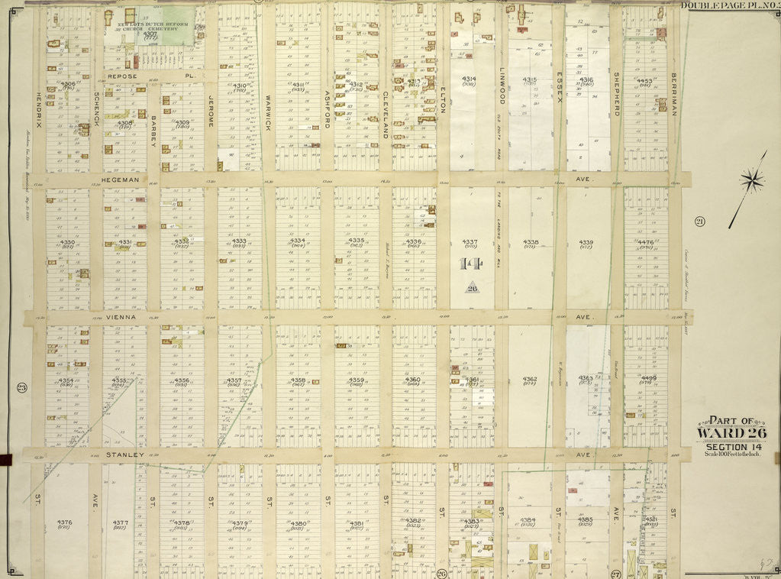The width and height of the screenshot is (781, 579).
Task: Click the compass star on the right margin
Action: click(752, 180)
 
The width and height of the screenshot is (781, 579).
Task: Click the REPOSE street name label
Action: click(122, 76)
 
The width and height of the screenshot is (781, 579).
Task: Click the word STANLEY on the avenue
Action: click(124, 454)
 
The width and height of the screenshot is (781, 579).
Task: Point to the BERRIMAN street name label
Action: click(674, 93)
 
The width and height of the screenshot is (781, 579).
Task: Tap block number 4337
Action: click(469, 242)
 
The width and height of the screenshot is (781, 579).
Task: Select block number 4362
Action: click(530, 379)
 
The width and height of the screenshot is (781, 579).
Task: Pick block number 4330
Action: click(66, 242)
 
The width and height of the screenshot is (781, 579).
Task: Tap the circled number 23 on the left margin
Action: click(21, 388)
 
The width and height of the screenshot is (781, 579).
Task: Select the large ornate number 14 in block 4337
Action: click(470, 264)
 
